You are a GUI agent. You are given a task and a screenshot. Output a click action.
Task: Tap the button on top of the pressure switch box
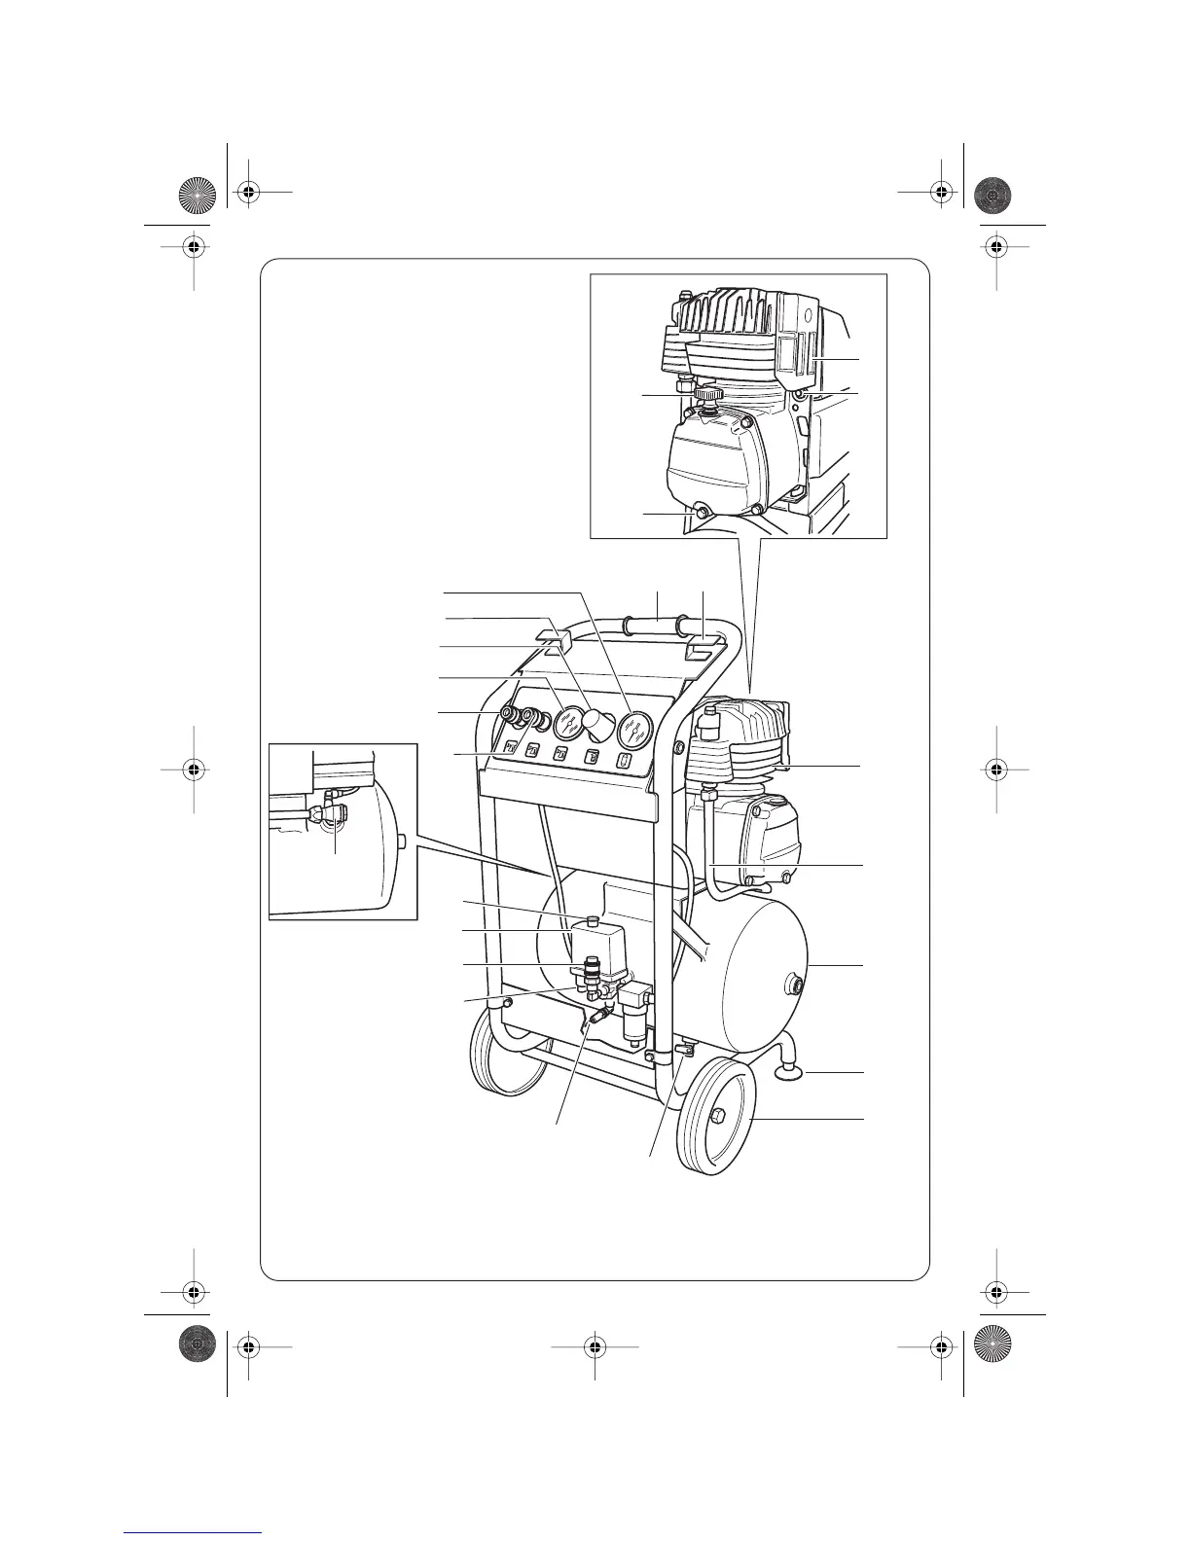click(x=592, y=919)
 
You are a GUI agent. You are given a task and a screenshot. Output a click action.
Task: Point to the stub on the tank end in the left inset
click(x=400, y=839)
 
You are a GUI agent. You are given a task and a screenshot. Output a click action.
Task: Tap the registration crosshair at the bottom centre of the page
click(x=595, y=1346)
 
